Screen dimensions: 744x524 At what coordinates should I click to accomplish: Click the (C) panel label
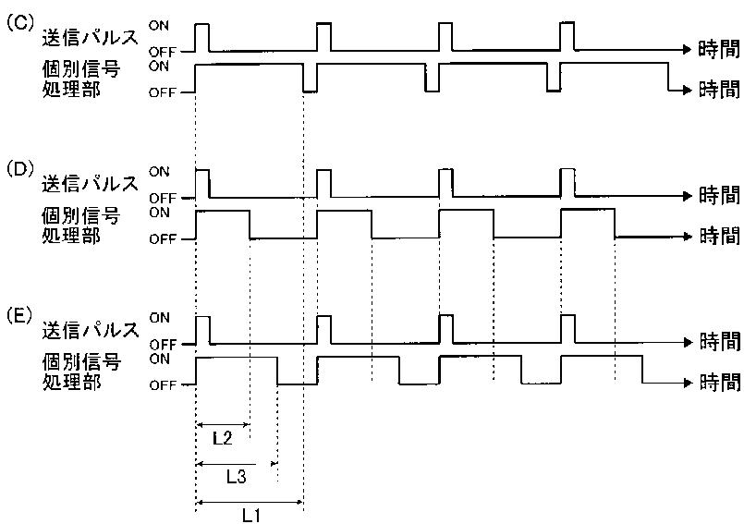19,24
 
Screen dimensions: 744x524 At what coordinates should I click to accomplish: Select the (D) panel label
19,170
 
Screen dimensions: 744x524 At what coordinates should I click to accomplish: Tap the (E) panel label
19,316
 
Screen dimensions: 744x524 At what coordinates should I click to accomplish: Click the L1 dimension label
251,515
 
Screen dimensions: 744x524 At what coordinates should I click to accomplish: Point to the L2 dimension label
222,438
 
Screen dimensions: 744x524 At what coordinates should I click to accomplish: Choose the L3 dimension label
236,476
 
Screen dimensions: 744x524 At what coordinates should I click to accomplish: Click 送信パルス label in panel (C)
91,38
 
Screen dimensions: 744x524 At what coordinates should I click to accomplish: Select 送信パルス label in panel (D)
91,184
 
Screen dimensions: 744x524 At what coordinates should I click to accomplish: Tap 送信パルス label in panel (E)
91,330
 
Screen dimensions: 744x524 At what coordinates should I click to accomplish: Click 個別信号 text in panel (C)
81,69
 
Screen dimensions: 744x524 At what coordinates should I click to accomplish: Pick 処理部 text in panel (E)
72,381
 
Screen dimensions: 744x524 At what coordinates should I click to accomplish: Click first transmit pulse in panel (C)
202,37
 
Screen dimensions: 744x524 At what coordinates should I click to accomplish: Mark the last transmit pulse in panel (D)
567,183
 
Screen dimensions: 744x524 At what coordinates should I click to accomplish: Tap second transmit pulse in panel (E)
324,329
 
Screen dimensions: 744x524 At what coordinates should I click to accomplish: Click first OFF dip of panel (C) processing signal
310,78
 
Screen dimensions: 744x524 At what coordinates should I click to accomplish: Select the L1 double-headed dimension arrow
250,502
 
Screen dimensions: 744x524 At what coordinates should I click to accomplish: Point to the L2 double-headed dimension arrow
223,425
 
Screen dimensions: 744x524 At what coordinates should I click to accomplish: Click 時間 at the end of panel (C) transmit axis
719,49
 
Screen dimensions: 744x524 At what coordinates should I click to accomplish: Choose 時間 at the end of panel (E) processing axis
720,382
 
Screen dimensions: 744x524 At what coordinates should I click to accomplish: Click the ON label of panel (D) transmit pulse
158,171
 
